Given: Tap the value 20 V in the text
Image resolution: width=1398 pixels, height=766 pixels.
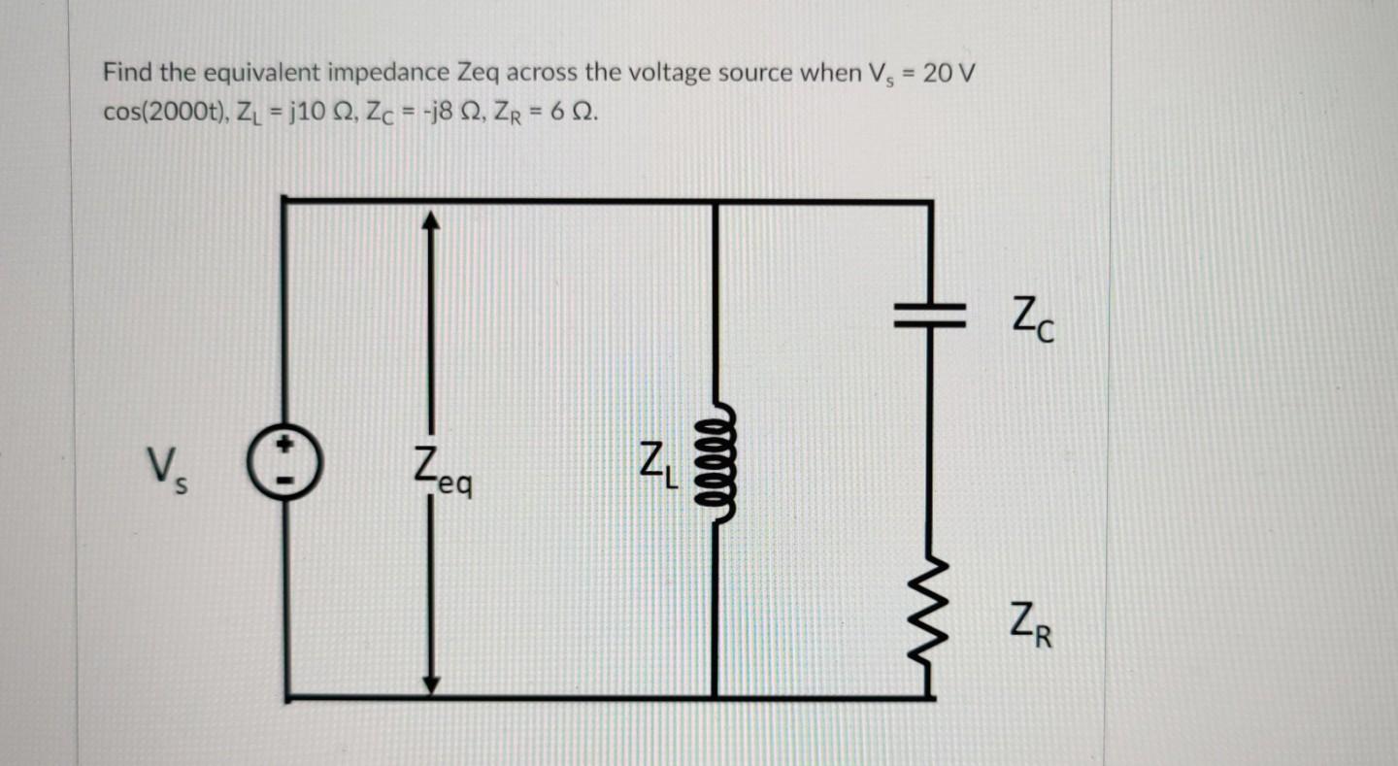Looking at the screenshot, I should coord(949,73).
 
